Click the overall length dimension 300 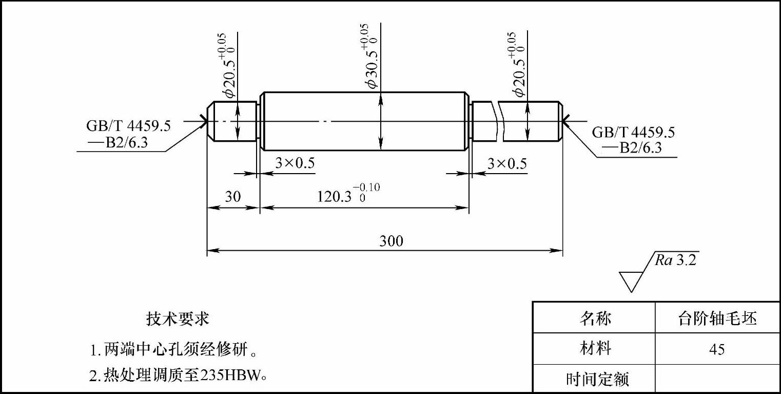point(391,240)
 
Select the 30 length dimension point(233,197)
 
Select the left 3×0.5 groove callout point(295,163)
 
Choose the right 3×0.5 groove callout point(506,163)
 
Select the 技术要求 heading point(178,319)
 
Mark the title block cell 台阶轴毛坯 point(717,318)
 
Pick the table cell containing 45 point(717,350)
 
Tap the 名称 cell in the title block point(595,318)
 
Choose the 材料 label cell point(595,349)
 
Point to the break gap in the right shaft point(499,121)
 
